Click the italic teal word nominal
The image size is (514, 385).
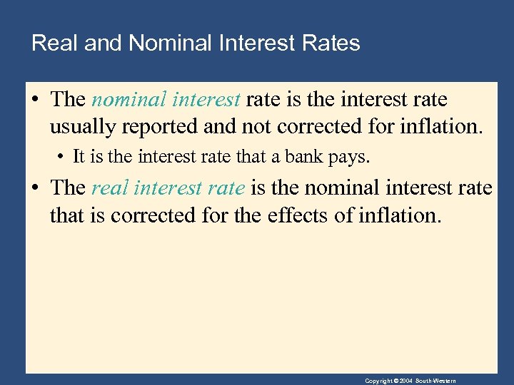tap(127, 101)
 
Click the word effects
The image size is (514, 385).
tap(298, 215)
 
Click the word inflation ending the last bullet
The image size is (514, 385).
tap(399, 215)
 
